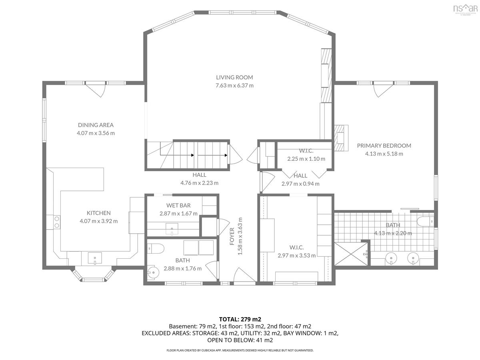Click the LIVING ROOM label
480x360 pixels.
click(234, 77)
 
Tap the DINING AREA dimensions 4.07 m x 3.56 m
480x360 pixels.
click(96, 133)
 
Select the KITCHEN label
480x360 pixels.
click(99, 213)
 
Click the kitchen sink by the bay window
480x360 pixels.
click(95, 258)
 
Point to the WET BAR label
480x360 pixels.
click(178, 206)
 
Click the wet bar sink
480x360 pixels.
click(172, 229)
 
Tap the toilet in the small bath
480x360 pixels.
click(156, 248)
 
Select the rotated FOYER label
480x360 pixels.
click(232, 236)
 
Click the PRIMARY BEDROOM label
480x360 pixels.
click(384, 146)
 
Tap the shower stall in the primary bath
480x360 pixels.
click(352, 254)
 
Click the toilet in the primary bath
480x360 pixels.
click(425, 221)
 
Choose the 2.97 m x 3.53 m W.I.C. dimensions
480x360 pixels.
click(296, 256)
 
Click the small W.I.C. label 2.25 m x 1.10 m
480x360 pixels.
click(306, 159)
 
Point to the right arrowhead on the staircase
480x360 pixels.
click(226, 155)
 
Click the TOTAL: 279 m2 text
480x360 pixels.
click(240, 319)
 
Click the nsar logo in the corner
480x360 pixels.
click(465, 9)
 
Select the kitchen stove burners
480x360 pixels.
click(57, 222)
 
